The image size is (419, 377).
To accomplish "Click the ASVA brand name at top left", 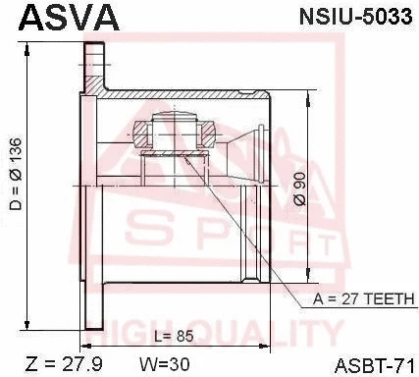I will pyautogui.click(x=61, y=18).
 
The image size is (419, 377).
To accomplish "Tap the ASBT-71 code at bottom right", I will pyautogui.click(x=377, y=364).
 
